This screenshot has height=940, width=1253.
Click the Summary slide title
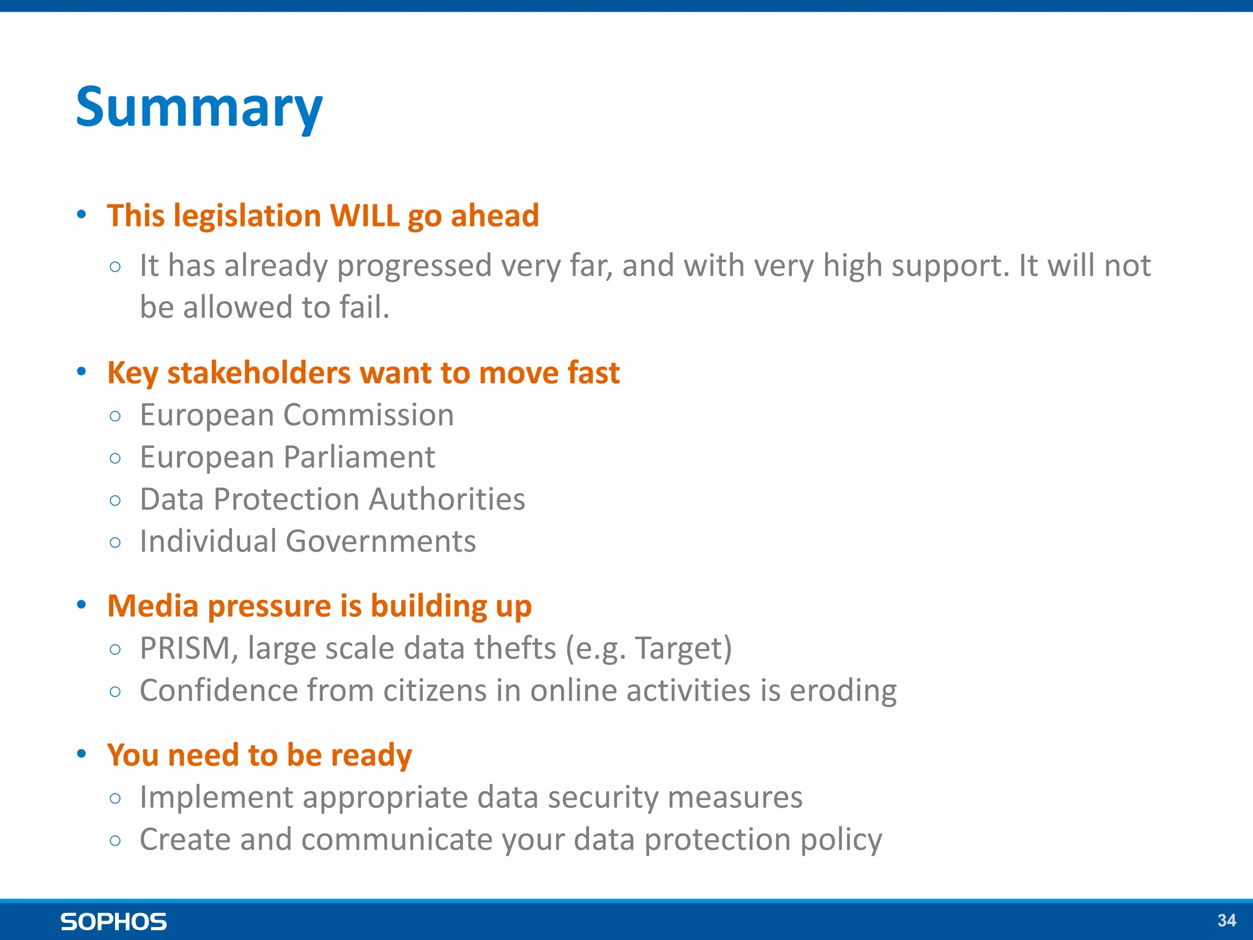click(199, 108)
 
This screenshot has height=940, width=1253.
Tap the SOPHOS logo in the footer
click(113, 922)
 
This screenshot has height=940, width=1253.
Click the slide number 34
click(1226, 920)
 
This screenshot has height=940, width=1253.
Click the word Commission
click(368, 415)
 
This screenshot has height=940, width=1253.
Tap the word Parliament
click(359, 457)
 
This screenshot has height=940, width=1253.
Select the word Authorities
click(447, 499)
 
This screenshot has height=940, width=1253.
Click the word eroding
click(842, 690)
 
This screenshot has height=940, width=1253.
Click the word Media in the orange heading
click(153, 606)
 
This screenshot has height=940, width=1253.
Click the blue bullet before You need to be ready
click(81, 753)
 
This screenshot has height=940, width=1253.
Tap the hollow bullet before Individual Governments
click(115, 542)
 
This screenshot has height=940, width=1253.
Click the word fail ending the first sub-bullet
click(363, 307)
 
